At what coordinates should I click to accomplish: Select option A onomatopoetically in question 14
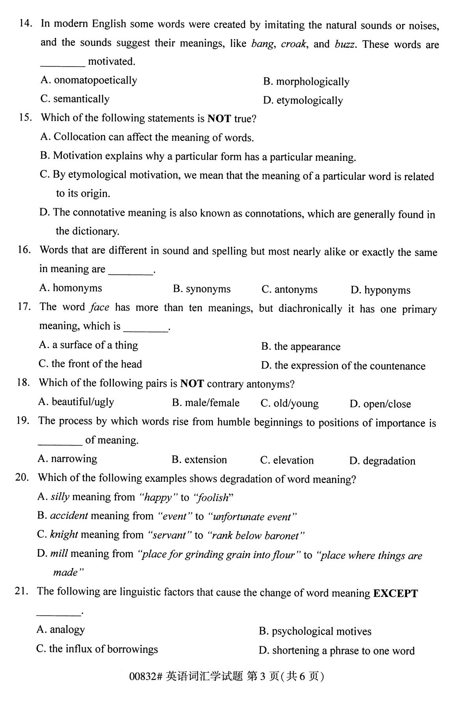[x=89, y=80]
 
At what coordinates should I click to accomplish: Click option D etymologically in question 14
[x=303, y=101]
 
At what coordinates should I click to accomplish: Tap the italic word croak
[x=293, y=44]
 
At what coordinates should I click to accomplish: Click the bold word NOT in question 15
[x=219, y=118]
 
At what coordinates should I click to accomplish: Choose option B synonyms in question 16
[x=202, y=289]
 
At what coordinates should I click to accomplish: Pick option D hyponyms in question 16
[x=380, y=291]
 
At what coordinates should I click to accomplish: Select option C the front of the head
[x=90, y=364]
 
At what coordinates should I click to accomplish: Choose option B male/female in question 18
[x=205, y=403]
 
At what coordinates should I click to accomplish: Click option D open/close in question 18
[x=380, y=404]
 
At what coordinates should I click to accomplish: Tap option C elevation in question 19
[x=287, y=460]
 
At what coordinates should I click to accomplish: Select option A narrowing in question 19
[x=67, y=459]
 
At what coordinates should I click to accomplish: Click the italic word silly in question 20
[x=60, y=497]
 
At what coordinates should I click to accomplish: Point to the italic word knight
[x=64, y=535]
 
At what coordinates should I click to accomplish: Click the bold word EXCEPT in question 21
[x=395, y=593]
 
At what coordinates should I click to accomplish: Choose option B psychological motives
[x=315, y=632]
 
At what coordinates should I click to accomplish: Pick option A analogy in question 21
[x=61, y=630]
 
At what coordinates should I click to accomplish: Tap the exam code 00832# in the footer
[x=146, y=677]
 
